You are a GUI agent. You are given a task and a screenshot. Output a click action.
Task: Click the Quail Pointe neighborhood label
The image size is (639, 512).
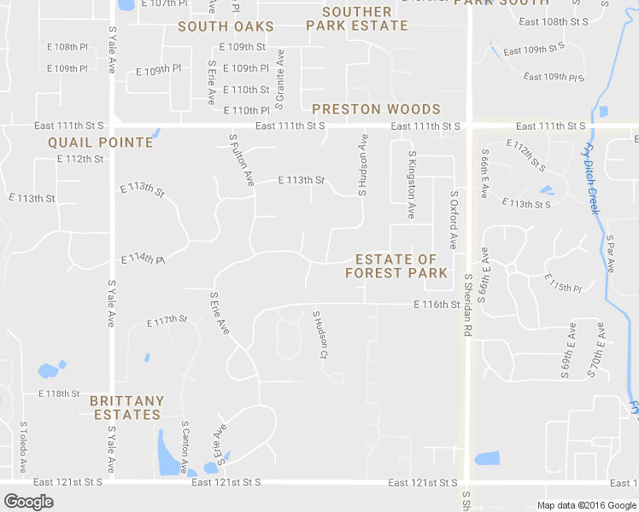(100, 143)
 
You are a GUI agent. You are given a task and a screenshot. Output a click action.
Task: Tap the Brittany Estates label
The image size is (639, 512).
(126, 407)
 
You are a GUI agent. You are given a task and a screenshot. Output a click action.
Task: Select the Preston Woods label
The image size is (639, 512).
(376, 109)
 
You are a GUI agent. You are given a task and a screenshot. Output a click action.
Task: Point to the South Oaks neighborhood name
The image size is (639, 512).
(226, 26)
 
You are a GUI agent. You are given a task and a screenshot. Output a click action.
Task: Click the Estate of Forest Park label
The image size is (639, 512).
(396, 265)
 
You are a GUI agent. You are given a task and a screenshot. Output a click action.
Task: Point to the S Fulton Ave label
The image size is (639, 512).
(242, 159)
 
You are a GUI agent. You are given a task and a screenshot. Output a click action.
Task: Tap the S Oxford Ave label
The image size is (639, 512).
(454, 220)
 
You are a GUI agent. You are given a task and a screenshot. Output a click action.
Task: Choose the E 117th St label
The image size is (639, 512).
(167, 321)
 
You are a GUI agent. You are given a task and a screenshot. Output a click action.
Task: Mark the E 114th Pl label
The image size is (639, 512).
(143, 258)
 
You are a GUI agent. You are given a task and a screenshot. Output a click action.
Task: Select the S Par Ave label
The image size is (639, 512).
(610, 253)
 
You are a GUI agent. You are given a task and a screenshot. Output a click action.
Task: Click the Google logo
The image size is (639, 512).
(28, 502)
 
